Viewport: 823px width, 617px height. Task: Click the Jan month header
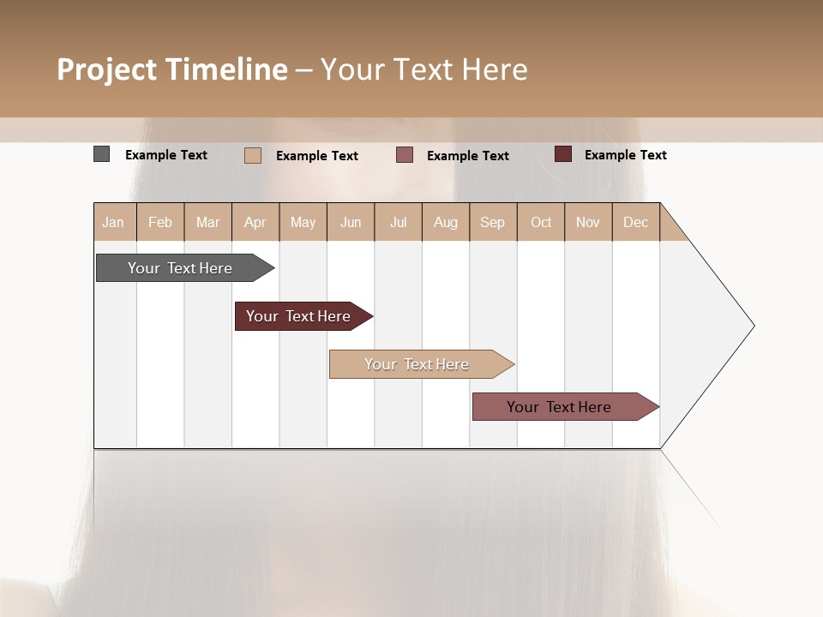tap(114, 222)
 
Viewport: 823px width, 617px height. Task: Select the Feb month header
tap(160, 222)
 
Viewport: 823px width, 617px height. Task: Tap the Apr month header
tap(255, 222)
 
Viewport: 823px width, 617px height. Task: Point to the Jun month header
tap(351, 222)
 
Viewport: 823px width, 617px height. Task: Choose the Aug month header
tap(446, 222)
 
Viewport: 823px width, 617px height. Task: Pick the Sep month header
tap(493, 222)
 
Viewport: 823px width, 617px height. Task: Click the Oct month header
tap(541, 222)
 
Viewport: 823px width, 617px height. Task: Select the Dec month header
tap(636, 222)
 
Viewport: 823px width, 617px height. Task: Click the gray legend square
tap(101, 154)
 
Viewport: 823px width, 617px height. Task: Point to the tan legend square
tap(252, 155)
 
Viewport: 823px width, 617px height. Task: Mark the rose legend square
tap(405, 155)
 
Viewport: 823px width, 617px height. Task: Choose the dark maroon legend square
tap(563, 154)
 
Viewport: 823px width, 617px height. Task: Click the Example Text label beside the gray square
tap(166, 155)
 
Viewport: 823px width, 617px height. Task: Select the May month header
tap(303, 222)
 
